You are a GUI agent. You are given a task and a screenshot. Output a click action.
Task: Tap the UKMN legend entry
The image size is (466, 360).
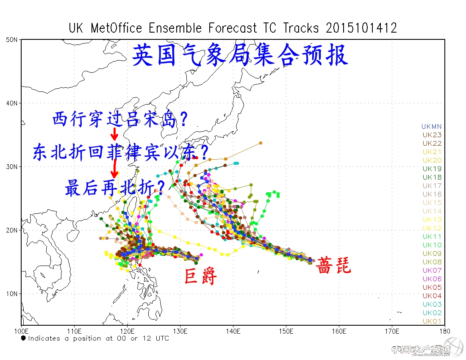pos(431,126)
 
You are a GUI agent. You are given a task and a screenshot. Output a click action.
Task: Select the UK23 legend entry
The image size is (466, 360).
pos(432,135)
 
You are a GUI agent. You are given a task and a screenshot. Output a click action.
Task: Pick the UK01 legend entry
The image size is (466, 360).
pos(432,321)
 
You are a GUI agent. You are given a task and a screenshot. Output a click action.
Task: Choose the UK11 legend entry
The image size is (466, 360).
pos(432,236)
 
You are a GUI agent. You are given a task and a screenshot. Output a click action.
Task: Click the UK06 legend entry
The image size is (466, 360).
pos(432,279)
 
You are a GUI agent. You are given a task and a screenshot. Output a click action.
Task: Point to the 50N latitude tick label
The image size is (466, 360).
pos(12,40)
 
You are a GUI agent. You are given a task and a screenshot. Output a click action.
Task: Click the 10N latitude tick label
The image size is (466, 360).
pos(12,294)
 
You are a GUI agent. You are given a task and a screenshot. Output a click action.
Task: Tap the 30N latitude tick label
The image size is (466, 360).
pos(12,166)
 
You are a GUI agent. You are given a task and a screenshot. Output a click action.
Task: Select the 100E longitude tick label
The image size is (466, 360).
pos(21,330)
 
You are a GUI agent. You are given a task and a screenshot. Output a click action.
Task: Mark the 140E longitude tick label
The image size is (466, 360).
pos(233,330)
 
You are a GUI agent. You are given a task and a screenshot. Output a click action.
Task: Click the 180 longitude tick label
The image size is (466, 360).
pos(444,330)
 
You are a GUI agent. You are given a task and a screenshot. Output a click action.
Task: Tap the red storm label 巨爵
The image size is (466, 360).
pos(201,276)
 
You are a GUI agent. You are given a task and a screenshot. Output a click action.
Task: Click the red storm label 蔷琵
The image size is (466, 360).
pos(334,265)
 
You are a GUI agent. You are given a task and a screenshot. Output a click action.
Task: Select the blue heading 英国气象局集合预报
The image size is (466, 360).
pos(240,55)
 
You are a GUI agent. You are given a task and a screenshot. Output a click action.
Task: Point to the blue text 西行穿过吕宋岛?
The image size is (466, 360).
pos(120,119)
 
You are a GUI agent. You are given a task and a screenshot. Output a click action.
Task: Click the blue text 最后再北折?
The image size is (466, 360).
pos(115,187)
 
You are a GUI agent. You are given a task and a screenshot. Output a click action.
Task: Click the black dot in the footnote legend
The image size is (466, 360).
pos(24,338)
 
